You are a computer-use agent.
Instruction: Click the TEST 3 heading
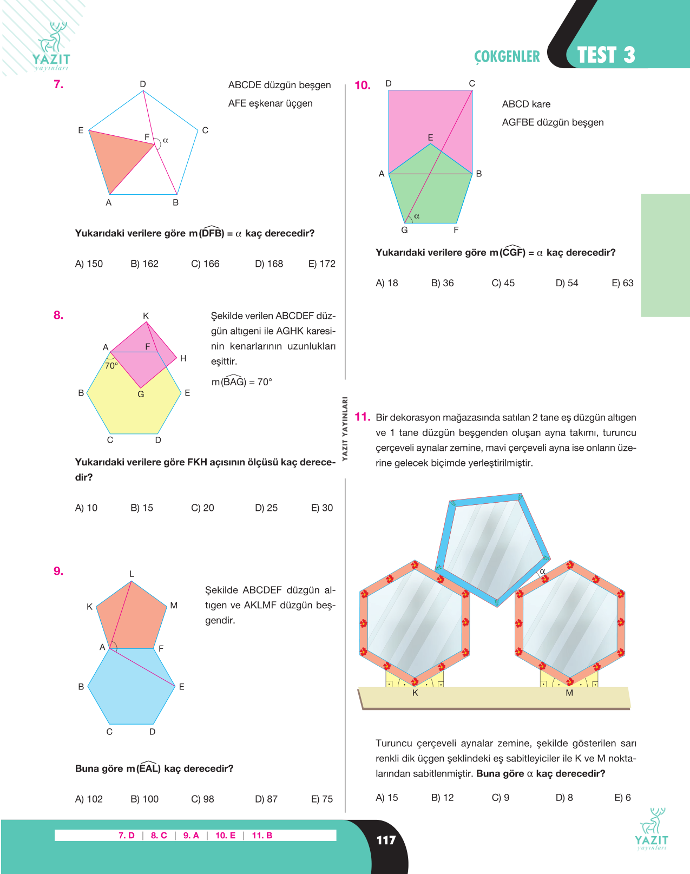606,55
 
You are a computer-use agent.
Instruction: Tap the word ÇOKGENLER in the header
507,56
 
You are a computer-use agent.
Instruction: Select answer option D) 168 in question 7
269,264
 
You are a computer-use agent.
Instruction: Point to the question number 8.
58,315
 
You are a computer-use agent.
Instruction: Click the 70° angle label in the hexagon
111,365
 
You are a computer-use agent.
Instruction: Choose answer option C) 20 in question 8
202,508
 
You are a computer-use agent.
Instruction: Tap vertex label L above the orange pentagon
132,574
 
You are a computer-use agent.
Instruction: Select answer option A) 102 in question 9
89,799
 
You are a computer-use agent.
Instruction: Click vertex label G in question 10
404,230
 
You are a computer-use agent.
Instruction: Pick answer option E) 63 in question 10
622,283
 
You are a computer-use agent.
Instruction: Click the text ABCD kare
526,104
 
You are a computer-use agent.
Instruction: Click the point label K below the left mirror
415,693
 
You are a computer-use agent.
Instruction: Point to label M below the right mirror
569,693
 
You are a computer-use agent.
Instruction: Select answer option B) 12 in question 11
442,797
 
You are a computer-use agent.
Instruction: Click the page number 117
386,840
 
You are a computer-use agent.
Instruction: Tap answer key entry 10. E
225,835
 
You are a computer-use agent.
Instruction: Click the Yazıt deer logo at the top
51,46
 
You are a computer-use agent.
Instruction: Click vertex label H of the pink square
183,358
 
